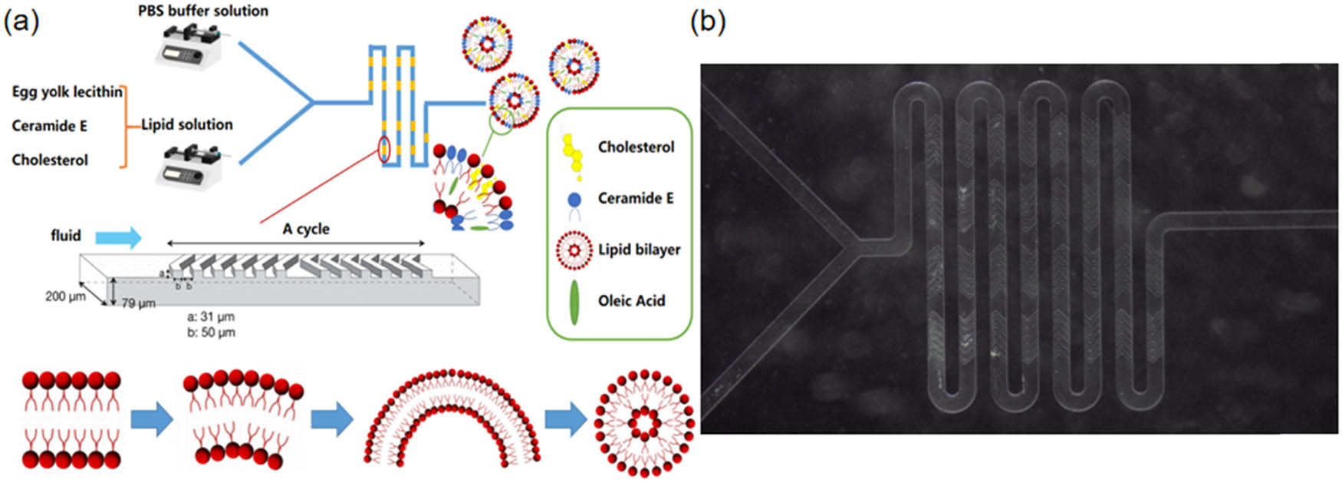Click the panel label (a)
tap(21, 22)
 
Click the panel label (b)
tap(707, 22)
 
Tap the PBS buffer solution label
tap(203, 11)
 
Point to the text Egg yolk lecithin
tap(67, 92)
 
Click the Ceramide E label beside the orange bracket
tap(49, 126)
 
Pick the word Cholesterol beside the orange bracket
tap(50, 160)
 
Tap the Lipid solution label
tap(187, 124)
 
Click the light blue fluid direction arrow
tap(121, 237)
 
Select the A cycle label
tap(306, 229)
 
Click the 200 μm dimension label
tap(65, 296)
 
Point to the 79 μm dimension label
tap(138, 303)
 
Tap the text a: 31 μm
tap(211, 316)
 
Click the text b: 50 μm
tap(211, 332)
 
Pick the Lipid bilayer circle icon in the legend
tap(574, 250)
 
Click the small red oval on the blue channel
tap(383, 149)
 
